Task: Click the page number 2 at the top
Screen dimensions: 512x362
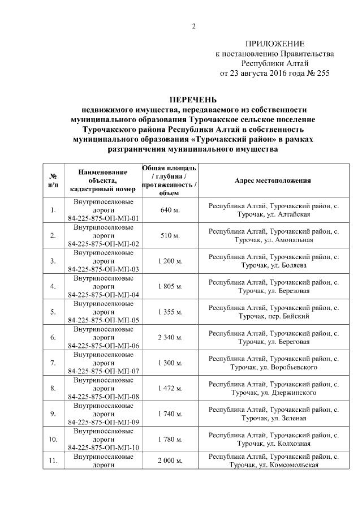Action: click(193, 26)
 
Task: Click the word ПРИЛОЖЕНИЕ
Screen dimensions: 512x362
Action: click(275, 44)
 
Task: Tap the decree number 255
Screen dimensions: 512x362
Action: click(320, 74)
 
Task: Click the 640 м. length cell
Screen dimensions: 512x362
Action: click(170, 210)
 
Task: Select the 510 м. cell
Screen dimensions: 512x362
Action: click(170, 236)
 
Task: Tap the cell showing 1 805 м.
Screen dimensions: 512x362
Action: click(170, 287)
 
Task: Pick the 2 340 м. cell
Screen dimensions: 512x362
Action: click(170, 338)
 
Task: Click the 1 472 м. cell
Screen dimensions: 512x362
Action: click(170, 389)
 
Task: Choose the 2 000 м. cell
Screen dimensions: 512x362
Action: click(170, 461)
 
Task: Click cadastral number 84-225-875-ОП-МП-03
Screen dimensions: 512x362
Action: click(104, 269)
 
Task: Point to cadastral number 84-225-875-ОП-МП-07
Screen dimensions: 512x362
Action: click(104, 371)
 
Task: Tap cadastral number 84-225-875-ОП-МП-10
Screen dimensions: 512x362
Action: click(104, 448)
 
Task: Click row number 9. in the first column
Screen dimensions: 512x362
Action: click(53, 414)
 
